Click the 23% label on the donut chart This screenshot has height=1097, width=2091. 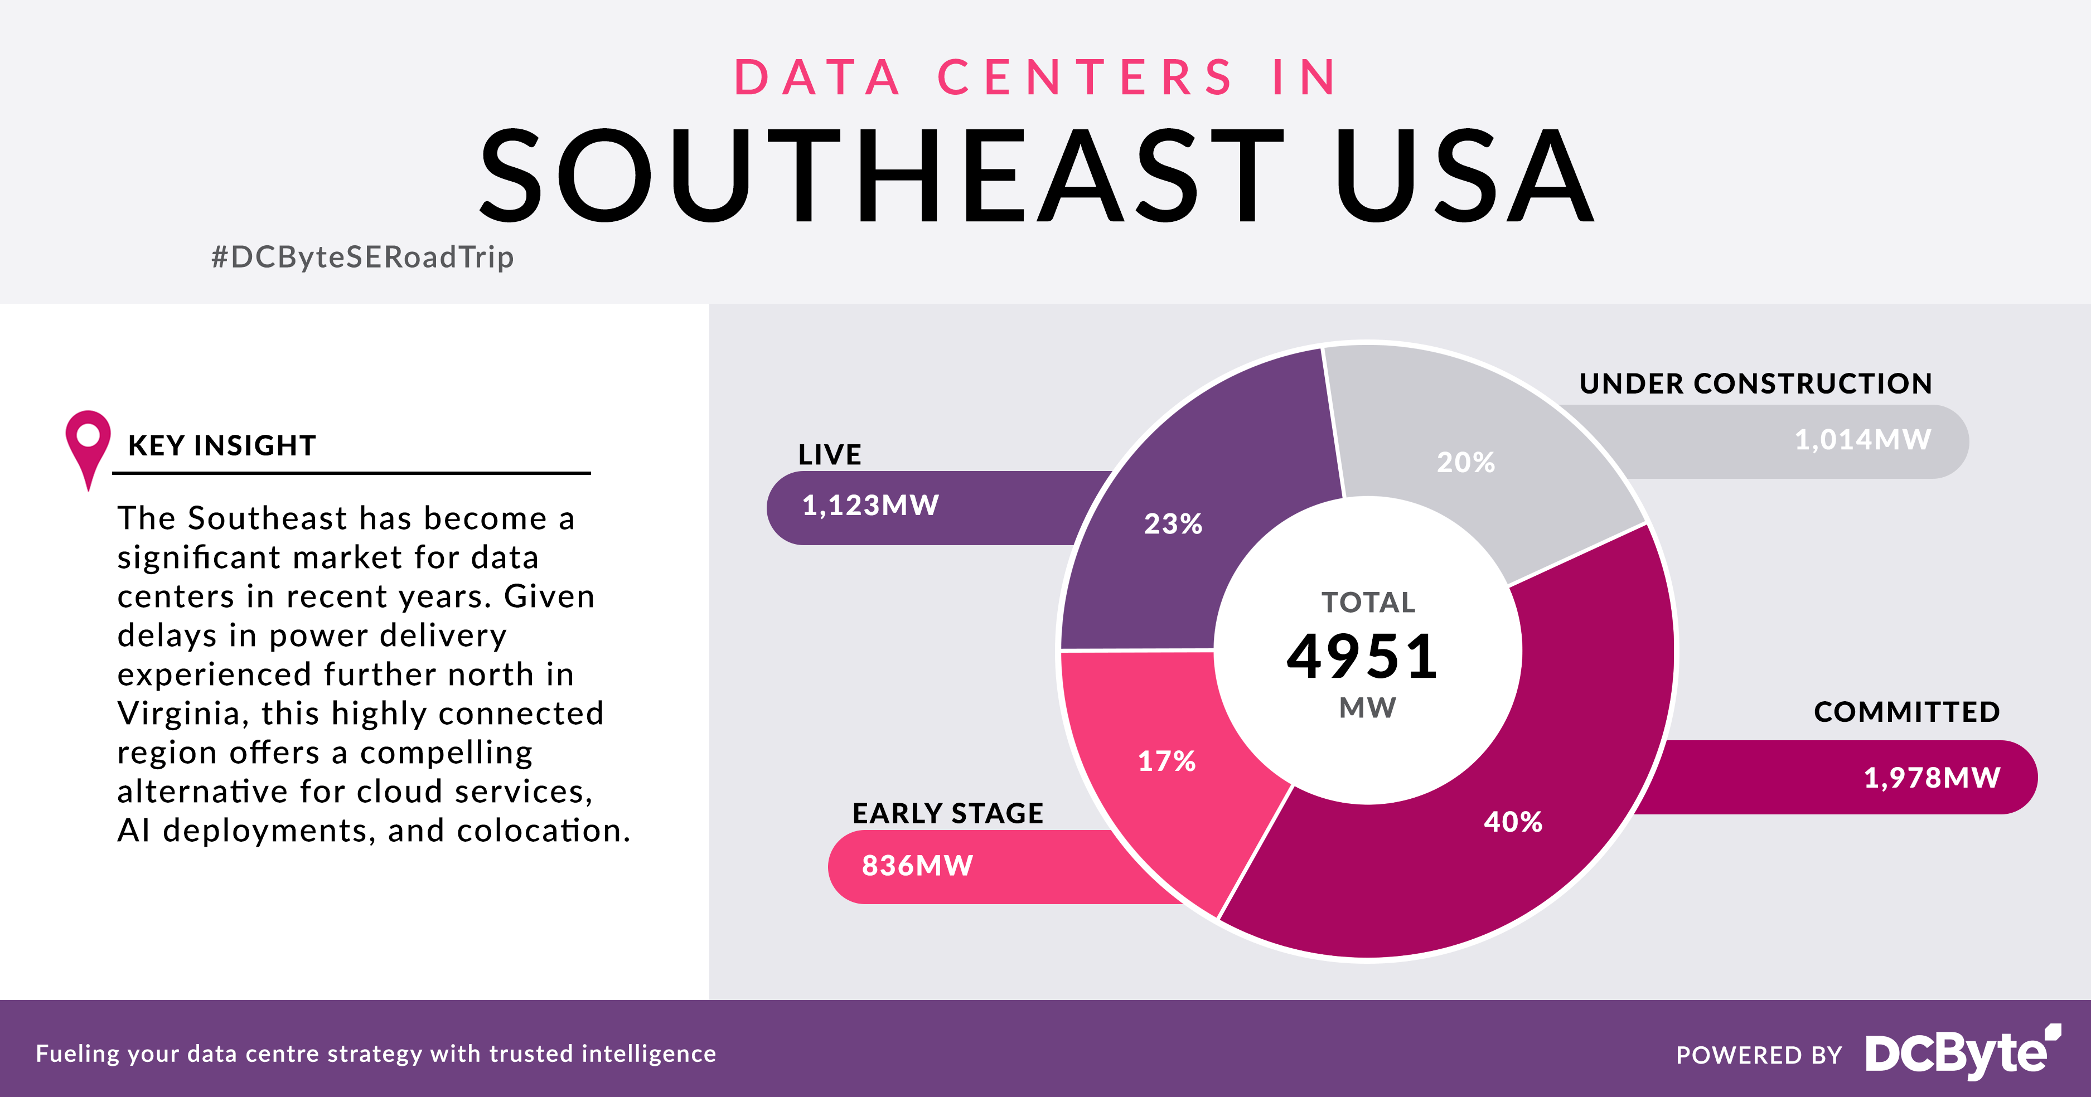[1173, 524]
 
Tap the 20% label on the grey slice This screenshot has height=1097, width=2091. [1465, 463]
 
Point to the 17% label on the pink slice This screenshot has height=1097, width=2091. [1166, 761]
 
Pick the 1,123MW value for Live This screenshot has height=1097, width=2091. [870, 506]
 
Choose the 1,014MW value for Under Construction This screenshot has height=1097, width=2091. [1862, 440]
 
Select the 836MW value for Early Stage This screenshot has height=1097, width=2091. [917, 866]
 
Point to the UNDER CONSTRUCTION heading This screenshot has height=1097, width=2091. [1755, 384]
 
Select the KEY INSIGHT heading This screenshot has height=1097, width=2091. [221, 445]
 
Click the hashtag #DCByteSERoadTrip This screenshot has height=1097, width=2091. [362, 257]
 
